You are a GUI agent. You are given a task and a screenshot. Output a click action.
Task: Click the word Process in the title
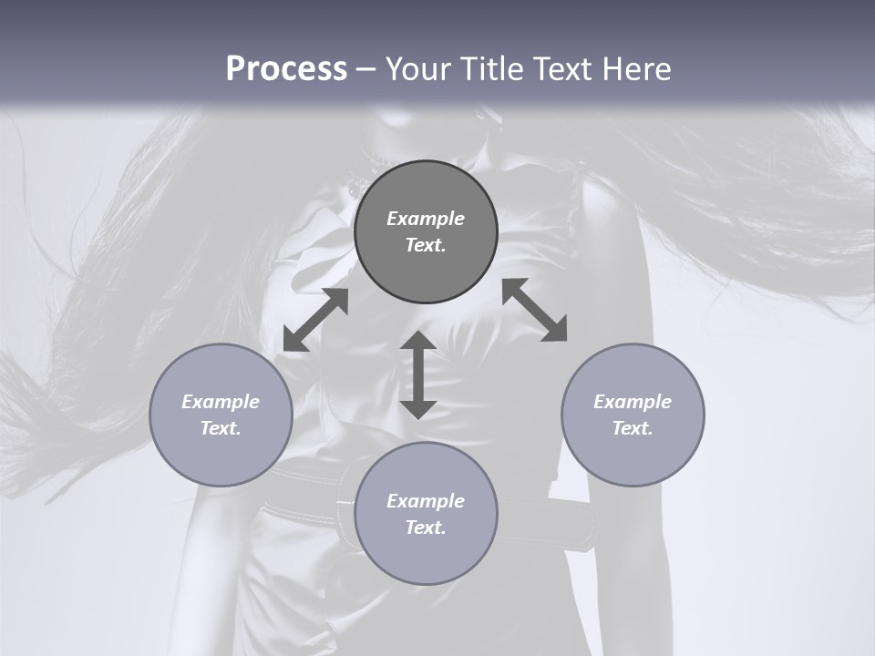286,69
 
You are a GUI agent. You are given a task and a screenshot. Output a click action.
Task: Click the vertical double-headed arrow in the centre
418,374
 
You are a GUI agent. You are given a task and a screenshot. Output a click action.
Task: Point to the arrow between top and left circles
315,320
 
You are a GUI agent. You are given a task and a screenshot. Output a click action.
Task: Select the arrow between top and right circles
535,310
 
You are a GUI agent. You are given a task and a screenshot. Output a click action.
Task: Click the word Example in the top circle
426,219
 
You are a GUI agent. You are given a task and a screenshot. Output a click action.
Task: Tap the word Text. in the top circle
426,245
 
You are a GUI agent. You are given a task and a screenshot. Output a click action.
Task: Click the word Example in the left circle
221,402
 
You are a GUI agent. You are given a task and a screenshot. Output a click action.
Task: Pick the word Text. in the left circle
221,428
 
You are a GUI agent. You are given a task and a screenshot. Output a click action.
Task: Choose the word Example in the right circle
633,402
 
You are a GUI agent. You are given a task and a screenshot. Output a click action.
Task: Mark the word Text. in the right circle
633,428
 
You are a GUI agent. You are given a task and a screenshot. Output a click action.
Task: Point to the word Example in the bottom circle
426,501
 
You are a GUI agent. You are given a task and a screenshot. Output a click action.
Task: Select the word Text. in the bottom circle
426,528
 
